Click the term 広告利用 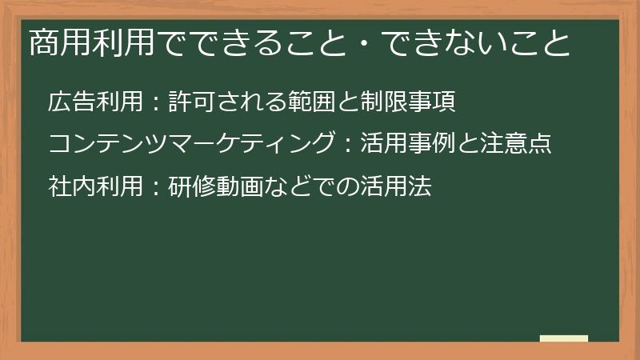coord(95,103)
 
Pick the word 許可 coord(191,103)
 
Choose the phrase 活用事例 coord(407,145)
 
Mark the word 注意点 coord(514,145)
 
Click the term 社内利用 coord(95,186)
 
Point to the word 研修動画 coord(215,186)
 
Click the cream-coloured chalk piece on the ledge coord(564,338)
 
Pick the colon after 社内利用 coord(156,187)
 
